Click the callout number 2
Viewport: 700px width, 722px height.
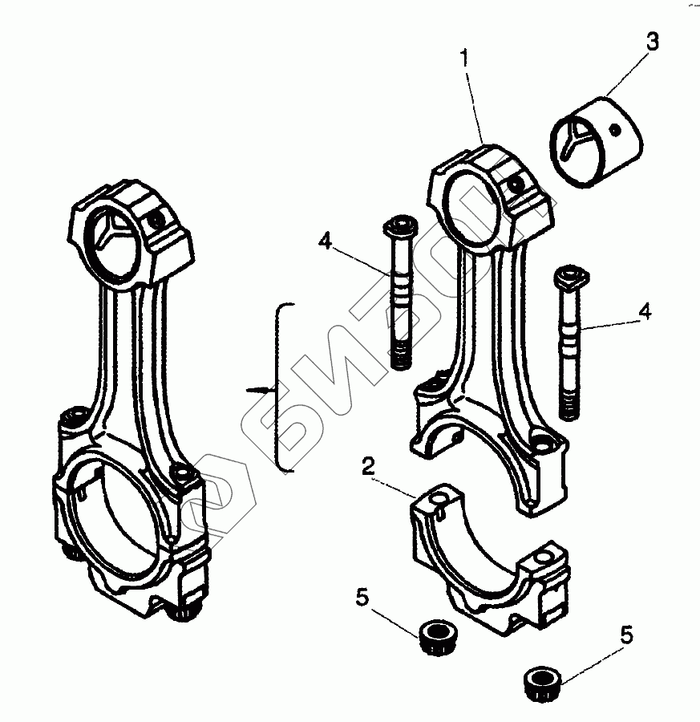(366, 466)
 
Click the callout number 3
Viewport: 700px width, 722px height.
(653, 43)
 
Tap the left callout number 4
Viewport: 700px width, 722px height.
(324, 240)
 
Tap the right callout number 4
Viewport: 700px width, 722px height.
(645, 309)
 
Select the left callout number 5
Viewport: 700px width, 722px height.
(362, 597)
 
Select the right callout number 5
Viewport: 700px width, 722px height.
(627, 635)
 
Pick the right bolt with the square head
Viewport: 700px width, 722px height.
(568, 337)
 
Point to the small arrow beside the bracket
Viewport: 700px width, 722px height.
(261, 390)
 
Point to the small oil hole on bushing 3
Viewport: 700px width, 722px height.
(613, 128)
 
